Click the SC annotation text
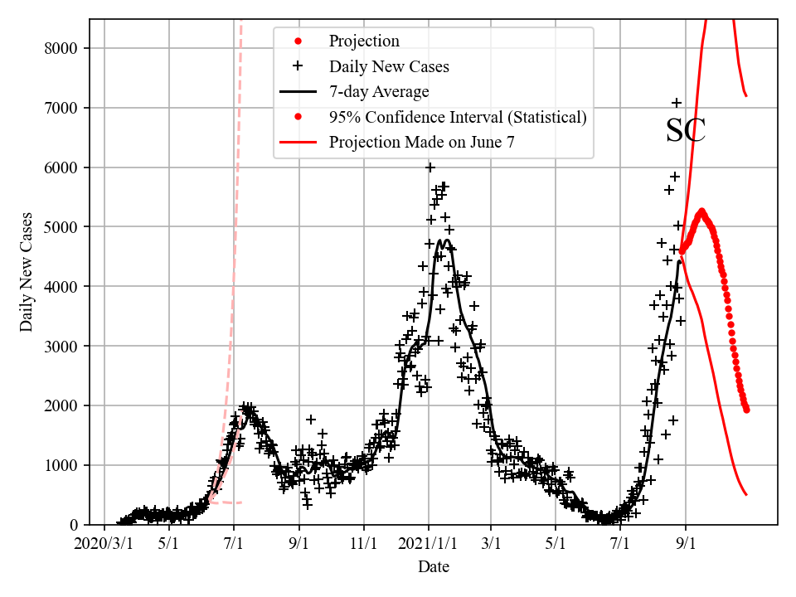[x=686, y=131]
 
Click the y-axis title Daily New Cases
[x=27, y=272]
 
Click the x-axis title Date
[x=434, y=567]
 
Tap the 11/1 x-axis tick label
[x=364, y=545]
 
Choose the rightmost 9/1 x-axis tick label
[x=686, y=545]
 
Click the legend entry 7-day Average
[x=379, y=91]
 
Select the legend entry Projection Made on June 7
[x=421, y=142]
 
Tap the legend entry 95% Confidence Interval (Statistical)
[x=458, y=117]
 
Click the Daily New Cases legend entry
[x=389, y=66]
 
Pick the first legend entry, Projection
[x=364, y=41]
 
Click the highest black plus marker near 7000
[x=677, y=103]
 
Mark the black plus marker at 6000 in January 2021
[x=430, y=167]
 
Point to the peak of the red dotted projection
[x=701, y=211]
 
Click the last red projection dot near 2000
[x=746, y=410]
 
